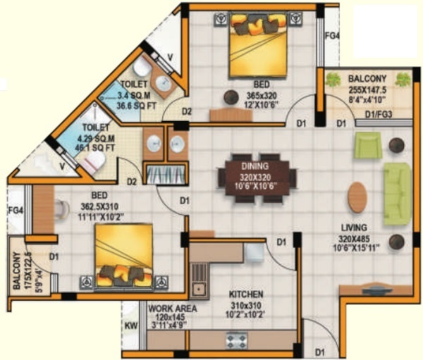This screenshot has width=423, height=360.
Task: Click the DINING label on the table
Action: [257, 159]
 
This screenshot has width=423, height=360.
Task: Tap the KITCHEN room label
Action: [246, 294]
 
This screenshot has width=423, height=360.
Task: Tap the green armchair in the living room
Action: [367, 147]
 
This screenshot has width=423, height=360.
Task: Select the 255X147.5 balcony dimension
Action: [367, 89]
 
